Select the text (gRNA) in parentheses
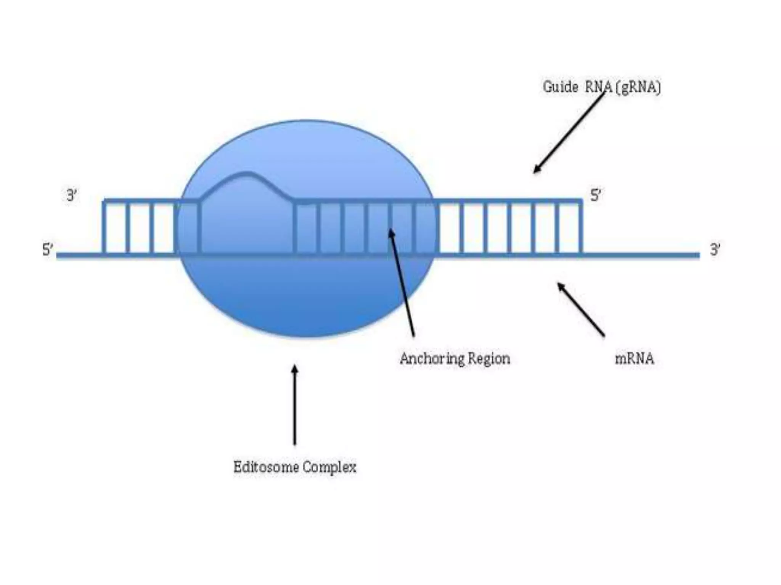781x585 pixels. coord(640,88)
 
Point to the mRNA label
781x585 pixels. coord(634,359)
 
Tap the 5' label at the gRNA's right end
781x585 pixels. coord(595,196)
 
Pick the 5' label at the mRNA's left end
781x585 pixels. coord(48,250)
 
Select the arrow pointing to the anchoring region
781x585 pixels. coord(402,282)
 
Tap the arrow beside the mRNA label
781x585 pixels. coord(581,309)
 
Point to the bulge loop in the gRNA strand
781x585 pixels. coord(246,179)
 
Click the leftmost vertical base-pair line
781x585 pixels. coord(104,227)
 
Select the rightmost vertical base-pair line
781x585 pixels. coord(581,227)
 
